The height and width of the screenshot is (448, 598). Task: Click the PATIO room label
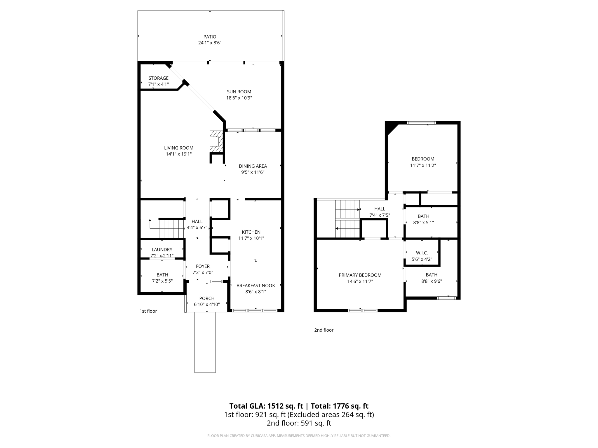pos(210,37)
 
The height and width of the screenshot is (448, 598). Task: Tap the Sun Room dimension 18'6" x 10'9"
pos(239,98)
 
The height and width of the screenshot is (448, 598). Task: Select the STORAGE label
pos(158,78)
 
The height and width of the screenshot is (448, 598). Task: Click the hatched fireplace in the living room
pos(216,141)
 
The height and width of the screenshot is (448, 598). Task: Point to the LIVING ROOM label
pos(178,148)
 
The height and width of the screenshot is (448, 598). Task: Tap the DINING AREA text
pos(253,166)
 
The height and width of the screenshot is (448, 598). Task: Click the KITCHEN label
pos(251,232)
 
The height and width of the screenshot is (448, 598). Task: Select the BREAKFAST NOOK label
pos(255,286)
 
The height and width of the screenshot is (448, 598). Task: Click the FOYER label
pos(203,266)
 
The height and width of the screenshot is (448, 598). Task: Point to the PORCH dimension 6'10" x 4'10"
pos(207,304)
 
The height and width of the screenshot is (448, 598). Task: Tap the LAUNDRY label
pos(162,249)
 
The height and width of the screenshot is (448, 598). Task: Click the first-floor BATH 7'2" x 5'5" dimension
pos(162,281)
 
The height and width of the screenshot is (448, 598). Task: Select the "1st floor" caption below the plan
pos(148,311)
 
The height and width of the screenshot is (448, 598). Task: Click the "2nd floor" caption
pos(324,330)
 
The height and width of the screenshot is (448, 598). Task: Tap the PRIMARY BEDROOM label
pos(360,275)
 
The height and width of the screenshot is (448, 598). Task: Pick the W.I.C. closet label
pos(422,253)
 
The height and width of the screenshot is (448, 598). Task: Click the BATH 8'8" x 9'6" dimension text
pos(431,281)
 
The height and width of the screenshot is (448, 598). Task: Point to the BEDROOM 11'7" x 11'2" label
pos(423,159)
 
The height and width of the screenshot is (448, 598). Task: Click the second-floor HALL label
pos(380,209)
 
